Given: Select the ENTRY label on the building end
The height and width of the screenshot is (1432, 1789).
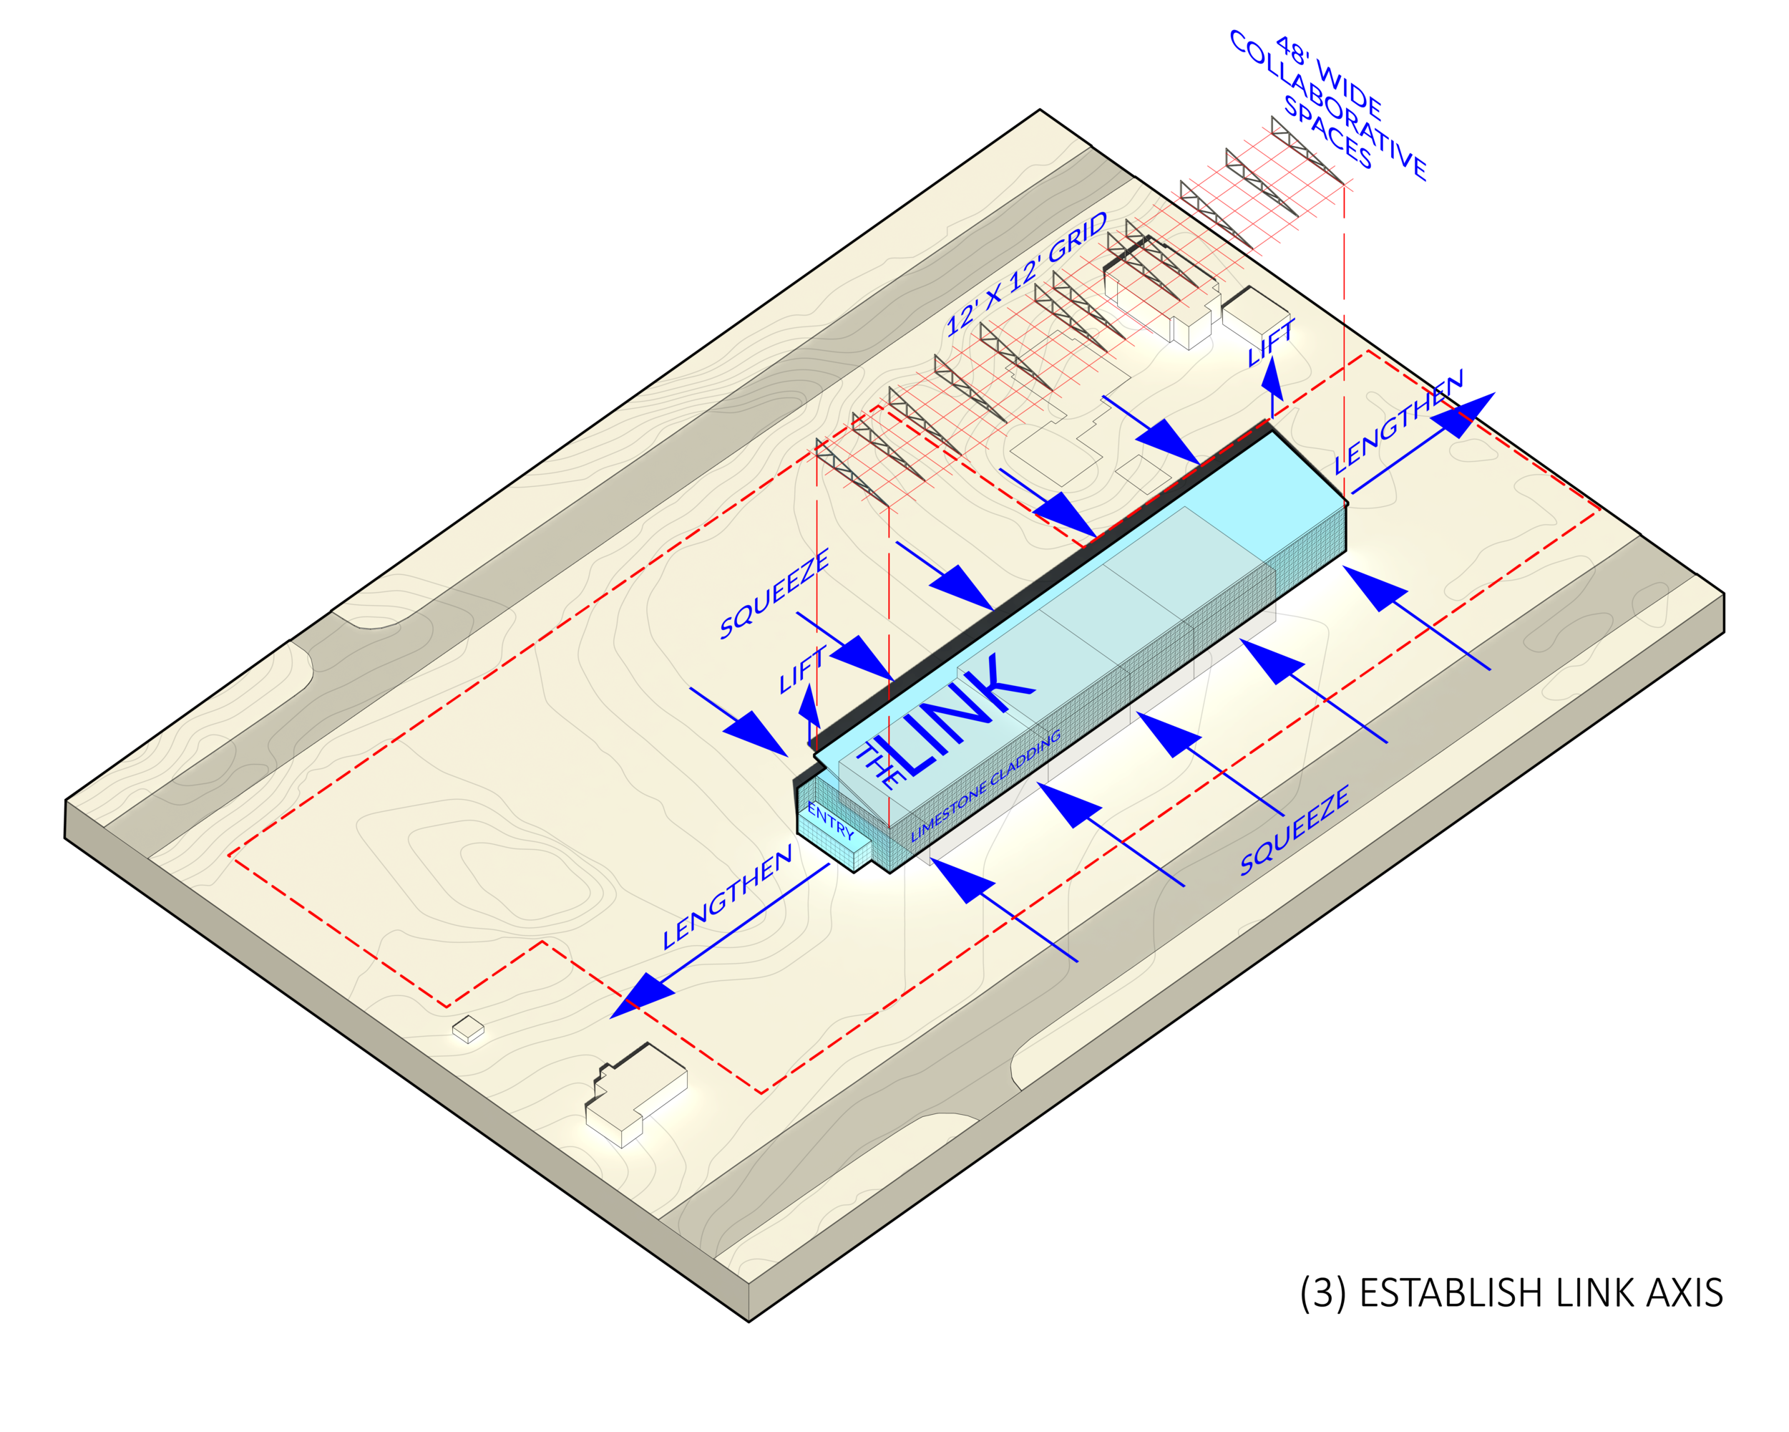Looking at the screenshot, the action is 831,821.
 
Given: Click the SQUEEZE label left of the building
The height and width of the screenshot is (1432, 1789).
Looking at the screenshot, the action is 774,594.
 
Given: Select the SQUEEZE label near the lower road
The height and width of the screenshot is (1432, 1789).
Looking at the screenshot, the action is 1294,830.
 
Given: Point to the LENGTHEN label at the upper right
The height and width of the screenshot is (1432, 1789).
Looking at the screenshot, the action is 1399,422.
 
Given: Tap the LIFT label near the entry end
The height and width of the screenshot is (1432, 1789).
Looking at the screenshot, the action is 801,670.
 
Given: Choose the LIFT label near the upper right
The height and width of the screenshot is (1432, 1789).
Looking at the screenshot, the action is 1270,343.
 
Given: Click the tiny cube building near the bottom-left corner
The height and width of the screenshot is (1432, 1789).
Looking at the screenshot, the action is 468,1030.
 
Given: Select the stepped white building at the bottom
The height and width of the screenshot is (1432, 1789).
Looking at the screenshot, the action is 635,1093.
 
